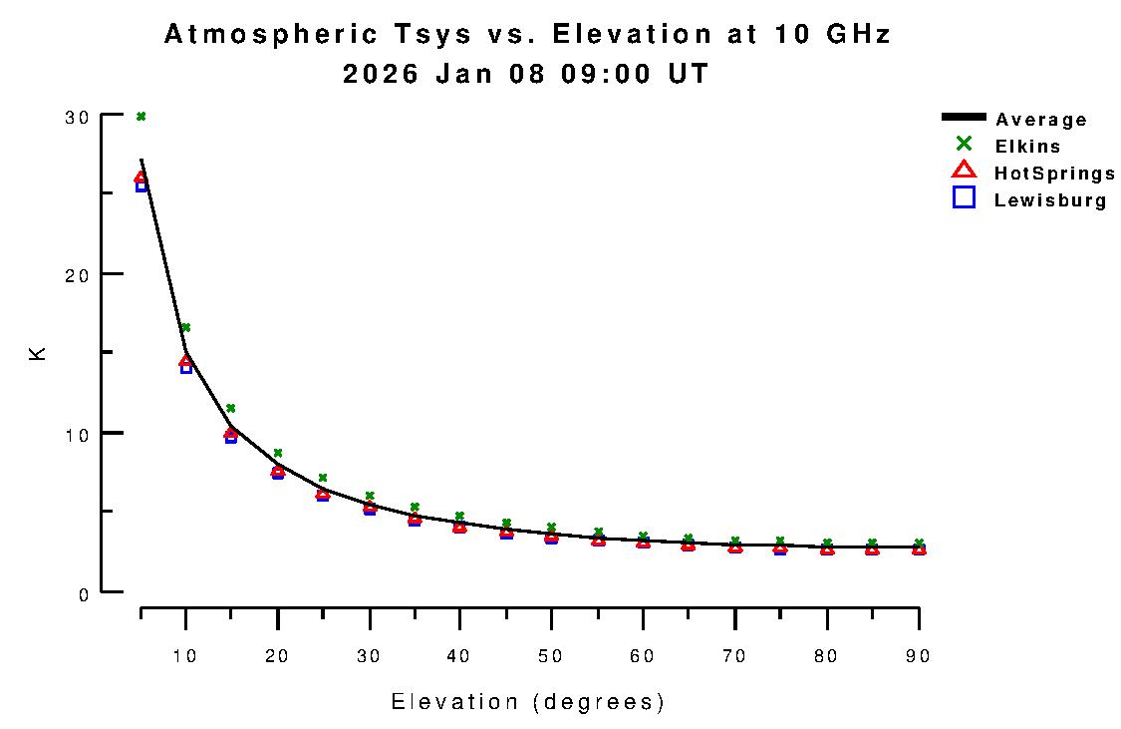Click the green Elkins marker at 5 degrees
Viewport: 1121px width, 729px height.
[x=141, y=117]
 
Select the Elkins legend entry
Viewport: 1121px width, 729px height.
[x=1027, y=147]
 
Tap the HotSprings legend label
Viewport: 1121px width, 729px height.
[x=1054, y=174]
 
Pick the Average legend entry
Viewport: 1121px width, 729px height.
[x=1040, y=120]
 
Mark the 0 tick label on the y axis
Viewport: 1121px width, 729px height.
[x=84, y=593]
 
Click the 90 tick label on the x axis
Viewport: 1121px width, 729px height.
[x=918, y=656]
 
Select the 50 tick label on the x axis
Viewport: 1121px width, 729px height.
[x=551, y=656]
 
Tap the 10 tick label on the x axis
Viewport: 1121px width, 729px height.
[x=185, y=656]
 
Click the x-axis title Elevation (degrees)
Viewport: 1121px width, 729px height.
[x=528, y=702]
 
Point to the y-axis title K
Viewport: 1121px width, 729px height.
[x=38, y=353]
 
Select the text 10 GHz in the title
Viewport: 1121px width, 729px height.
[x=832, y=35]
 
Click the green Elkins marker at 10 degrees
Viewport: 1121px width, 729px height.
[x=185, y=327]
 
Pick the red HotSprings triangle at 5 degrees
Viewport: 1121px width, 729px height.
[x=141, y=178]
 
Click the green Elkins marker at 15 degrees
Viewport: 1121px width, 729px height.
[x=230, y=408]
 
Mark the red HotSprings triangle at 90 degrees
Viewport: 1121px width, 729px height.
[x=918, y=547]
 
